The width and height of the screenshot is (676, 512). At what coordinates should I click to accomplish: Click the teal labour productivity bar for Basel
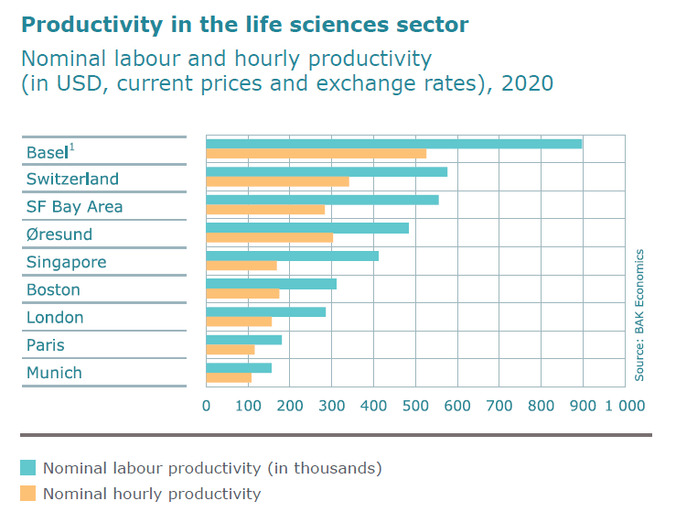tap(393, 144)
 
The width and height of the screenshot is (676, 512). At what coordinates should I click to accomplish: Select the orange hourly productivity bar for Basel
tap(316, 154)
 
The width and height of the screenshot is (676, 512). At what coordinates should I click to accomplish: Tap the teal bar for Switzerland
tap(327, 171)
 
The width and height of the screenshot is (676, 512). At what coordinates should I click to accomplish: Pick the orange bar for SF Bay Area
tap(265, 210)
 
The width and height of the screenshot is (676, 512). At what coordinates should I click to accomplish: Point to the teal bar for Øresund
tap(307, 227)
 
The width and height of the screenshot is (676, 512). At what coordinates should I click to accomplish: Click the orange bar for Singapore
tap(241, 266)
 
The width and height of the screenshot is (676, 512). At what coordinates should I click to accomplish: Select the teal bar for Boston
tap(271, 283)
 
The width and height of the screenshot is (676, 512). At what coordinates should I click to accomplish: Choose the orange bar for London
tap(239, 321)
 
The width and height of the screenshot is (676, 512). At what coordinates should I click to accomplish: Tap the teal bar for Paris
tap(243, 339)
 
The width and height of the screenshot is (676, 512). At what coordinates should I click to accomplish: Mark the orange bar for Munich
tap(229, 377)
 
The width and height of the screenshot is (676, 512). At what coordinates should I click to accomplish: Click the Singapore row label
tap(66, 262)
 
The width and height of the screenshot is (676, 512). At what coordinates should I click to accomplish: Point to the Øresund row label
tap(59, 234)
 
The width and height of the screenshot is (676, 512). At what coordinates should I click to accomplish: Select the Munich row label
tap(54, 373)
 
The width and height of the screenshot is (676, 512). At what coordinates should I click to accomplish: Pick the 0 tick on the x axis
tap(207, 405)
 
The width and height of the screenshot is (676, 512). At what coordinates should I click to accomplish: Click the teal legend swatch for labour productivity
tap(28, 468)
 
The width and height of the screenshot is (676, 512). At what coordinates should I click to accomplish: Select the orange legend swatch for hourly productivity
tap(28, 494)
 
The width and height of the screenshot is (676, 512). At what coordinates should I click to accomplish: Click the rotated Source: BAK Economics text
tap(640, 315)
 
